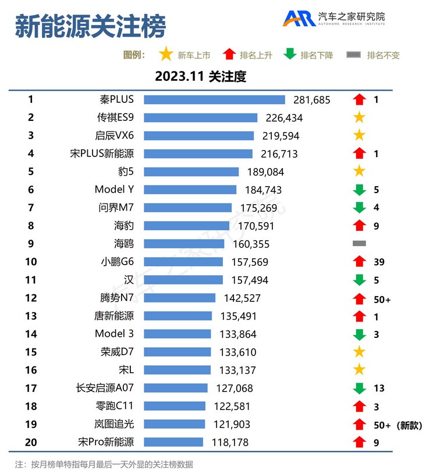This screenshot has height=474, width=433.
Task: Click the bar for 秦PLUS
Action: click(x=214, y=99)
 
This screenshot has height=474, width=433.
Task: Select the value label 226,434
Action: click(x=284, y=117)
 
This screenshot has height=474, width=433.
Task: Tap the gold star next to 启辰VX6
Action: click(x=359, y=136)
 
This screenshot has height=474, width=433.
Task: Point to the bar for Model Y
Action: click(x=190, y=190)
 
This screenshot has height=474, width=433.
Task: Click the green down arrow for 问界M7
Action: click(x=359, y=208)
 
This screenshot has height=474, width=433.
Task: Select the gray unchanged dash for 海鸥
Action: click(x=359, y=244)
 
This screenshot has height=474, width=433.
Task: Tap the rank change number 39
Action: click(x=379, y=262)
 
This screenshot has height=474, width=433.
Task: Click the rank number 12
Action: click(x=31, y=298)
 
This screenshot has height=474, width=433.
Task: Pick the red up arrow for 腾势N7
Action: click(x=359, y=298)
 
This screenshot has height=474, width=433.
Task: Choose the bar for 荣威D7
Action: click(x=178, y=352)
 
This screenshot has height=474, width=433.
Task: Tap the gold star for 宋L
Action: click(x=359, y=370)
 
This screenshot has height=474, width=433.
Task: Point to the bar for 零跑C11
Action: click(x=175, y=406)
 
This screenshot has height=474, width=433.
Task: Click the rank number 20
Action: click(x=31, y=442)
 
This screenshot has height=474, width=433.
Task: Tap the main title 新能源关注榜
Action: click(x=90, y=26)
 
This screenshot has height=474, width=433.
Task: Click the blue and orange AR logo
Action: click(x=299, y=18)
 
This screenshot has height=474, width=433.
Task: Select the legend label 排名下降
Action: click(x=317, y=55)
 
